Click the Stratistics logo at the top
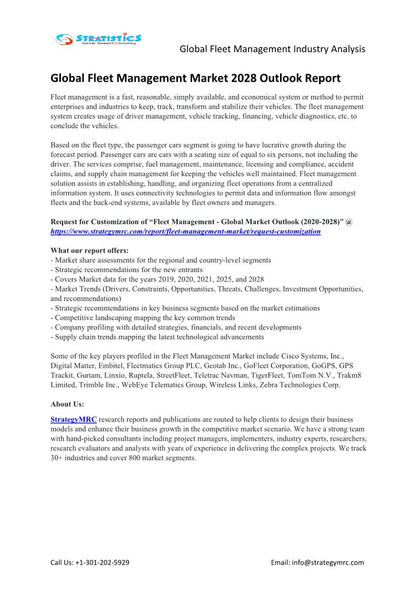(x=99, y=39)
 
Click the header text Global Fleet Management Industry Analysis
(x=272, y=49)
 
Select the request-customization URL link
(x=185, y=231)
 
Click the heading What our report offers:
(x=89, y=250)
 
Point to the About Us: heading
(x=67, y=404)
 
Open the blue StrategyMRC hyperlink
(x=74, y=420)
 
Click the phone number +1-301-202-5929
(x=103, y=562)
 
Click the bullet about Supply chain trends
(x=157, y=337)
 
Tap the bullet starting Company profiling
(x=176, y=327)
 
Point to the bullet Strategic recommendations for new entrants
(x=126, y=269)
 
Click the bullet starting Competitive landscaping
(x=143, y=318)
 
